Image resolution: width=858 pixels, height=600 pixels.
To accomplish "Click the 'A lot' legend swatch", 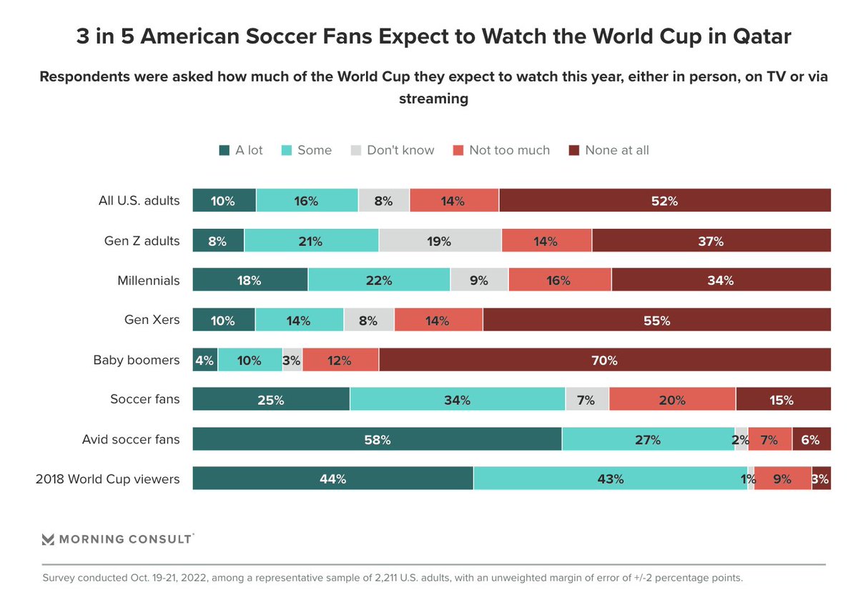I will [x=224, y=150].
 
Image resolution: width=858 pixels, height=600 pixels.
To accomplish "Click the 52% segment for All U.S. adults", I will [x=664, y=201].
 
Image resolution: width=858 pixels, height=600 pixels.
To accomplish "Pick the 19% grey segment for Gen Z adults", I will [x=440, y=241].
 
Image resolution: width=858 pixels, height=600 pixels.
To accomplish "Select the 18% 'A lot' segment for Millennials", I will [x=250, y=280].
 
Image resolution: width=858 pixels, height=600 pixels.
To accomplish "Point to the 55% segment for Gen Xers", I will [x=656, y=320].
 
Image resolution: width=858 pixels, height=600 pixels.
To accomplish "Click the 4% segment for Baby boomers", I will [x=205, y=360].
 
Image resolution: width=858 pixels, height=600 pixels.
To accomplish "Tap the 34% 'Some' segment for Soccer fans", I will [x=458, y=400].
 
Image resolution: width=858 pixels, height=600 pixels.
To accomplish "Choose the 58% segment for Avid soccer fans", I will [x=377, y=439].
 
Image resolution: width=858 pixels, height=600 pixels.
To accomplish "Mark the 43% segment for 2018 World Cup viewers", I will [x=610, y=479].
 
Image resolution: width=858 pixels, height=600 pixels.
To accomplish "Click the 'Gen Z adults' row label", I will [x=142, y=241].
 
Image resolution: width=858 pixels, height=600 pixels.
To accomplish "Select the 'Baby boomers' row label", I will [x=137, y=360].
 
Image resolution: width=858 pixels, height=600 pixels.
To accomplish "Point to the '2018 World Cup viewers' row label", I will [x=107, y=479].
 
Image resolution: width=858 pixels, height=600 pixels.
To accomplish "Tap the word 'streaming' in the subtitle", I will [x=433, y=99].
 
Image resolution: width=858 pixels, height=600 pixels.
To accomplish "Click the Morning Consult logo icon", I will [x=49, y=539].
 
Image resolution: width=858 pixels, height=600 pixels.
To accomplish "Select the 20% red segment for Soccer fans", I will [x=672, y=400].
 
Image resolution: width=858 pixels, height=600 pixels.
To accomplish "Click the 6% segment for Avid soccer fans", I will [x=811, y=439].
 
